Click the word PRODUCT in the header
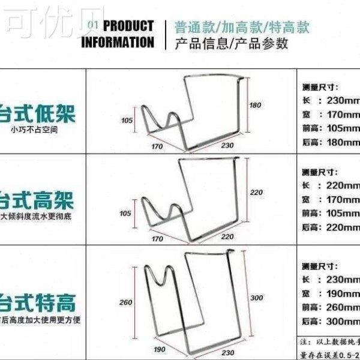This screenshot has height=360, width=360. (x=128, y=26)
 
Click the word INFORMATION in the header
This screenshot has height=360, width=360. (x=118, y=42)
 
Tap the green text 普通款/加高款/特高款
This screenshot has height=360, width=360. (x=242, y=27)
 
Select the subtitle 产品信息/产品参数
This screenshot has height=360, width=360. (x=231, y=44)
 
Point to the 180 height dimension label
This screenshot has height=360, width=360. (x=255, y=106)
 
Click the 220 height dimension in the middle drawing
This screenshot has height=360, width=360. (x=257, y=192)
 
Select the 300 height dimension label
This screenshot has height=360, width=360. (x=257, y=298)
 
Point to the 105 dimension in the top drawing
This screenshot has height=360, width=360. (x=127, y=121)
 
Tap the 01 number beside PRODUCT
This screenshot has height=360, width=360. (x=92, y=24)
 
